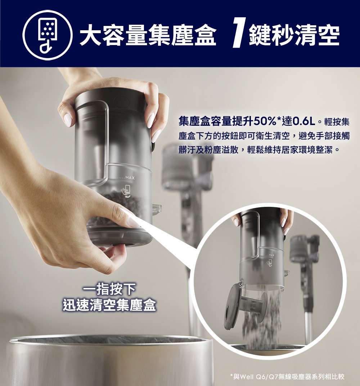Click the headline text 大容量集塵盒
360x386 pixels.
tap(148, 35)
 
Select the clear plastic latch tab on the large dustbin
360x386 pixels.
tap(157, 208)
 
